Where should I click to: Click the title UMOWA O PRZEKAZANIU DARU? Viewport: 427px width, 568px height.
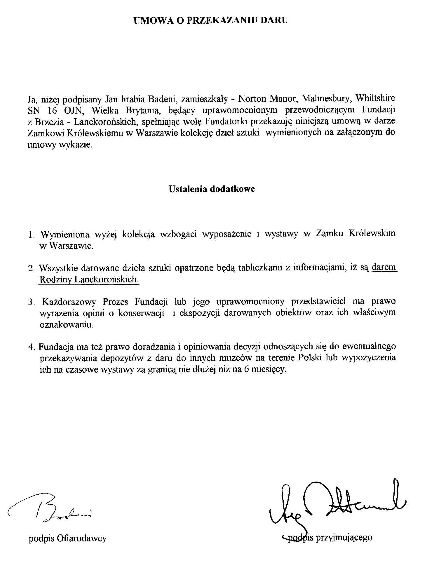coord(210,20)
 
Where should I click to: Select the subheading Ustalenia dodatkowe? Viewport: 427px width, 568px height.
coord(212,189)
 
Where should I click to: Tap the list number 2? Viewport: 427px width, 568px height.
coord(31,268)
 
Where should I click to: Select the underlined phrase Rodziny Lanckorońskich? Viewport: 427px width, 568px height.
coord(88,279)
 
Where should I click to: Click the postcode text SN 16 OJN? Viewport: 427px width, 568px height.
coord(54,110)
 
